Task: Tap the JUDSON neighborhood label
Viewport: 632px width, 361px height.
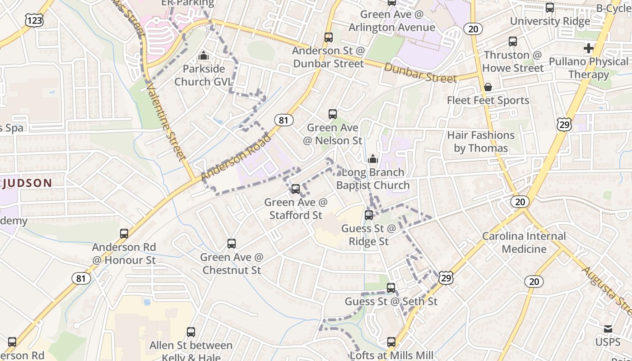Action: tap(27, 183)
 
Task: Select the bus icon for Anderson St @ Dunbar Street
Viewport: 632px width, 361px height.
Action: tap(329, 37)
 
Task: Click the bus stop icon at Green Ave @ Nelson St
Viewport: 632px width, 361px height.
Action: tap(333, 114)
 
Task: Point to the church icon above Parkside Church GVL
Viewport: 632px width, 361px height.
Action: tap(204, 56)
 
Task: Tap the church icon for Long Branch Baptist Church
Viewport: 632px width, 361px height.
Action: tap(373, 159)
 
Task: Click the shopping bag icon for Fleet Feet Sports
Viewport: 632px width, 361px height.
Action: tap(488, 87)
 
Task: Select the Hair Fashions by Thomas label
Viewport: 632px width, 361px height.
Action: tap(481, 142)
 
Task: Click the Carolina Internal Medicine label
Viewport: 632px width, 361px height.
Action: tap(524, 242)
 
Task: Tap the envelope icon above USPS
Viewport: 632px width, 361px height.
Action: tap(608, 329)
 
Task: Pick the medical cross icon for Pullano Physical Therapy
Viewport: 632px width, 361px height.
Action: tap(589, 48)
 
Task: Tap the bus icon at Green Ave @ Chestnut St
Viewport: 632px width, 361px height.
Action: tap(232, 244)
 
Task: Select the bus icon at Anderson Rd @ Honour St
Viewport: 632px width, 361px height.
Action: tap(124, 234)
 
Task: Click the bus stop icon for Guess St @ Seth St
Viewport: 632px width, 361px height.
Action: tap(391, 288)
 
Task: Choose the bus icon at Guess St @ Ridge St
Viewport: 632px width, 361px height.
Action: tap(369, 215)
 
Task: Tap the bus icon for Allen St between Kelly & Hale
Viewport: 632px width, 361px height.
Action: tap(191, 332)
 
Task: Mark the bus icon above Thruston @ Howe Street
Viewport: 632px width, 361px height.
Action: tap(513, 42)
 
